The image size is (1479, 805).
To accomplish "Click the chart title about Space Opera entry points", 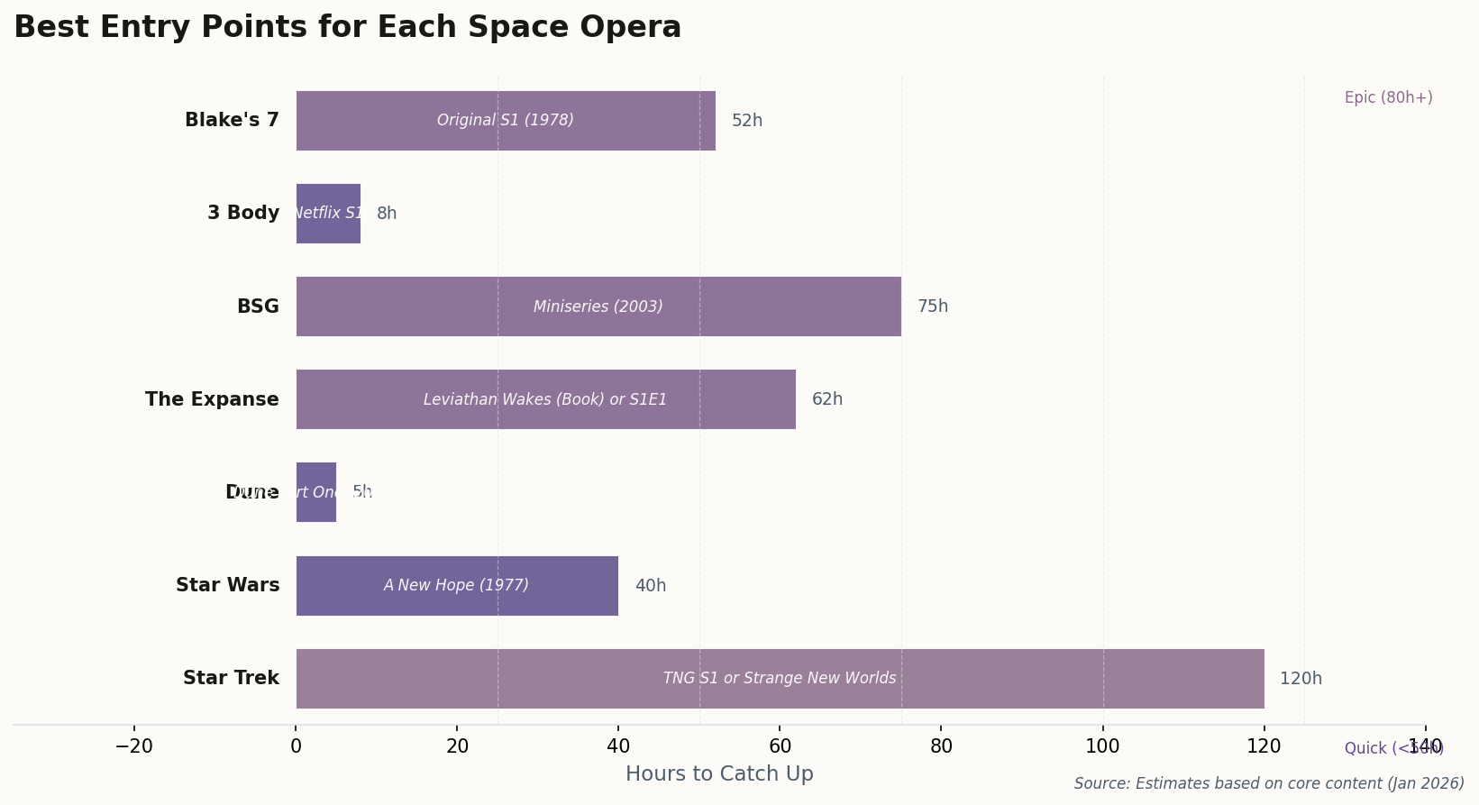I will pyautogui.click(x=347, y=28).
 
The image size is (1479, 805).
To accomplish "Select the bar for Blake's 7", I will pyautogui.click(x=506, y=121).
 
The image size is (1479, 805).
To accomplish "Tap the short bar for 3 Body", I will pyautogui.click(x=328, y=214).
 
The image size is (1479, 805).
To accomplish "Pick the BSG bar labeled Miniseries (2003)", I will pyautogui.click(x=598, y=306).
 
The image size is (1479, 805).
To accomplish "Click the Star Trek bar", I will pyautogui.click(x=780, y=679).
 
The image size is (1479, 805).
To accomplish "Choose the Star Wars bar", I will pyautogui.click(x=457, y=586).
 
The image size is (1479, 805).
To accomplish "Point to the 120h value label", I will pyautogui.click(x=1301, y=679).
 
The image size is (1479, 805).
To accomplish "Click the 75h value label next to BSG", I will pyautogui.click(x=933, y=306).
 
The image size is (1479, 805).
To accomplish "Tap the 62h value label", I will pyautogui.click(x=827, y=399).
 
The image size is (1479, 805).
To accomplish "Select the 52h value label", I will pyautogui.click(x=747, y=121).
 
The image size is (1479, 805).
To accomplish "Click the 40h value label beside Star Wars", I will pyautogui.click(x=651, y=586).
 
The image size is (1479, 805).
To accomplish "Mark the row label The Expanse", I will pyautogui.click(x=212, y=399).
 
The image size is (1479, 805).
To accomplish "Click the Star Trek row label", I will pyautogui.click(x=231, y=679).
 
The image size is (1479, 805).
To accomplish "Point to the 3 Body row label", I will pyautogui.click(x=243, y=214).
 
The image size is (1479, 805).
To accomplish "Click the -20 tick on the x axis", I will pyautogui.click(x=134, y=746).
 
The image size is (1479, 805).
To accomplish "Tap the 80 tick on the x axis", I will pyautogui.click(x=941, y=746).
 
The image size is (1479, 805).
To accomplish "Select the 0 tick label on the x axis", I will pyautogui.click(x=296, y=746).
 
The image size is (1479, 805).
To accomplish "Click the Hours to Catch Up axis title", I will pyautogui.click(x=719, y=774).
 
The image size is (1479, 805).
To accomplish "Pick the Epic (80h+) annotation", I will pyautogui.click(x=1388, y=98).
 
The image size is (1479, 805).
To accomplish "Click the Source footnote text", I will pyautogui.click(x=1269, y=784).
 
